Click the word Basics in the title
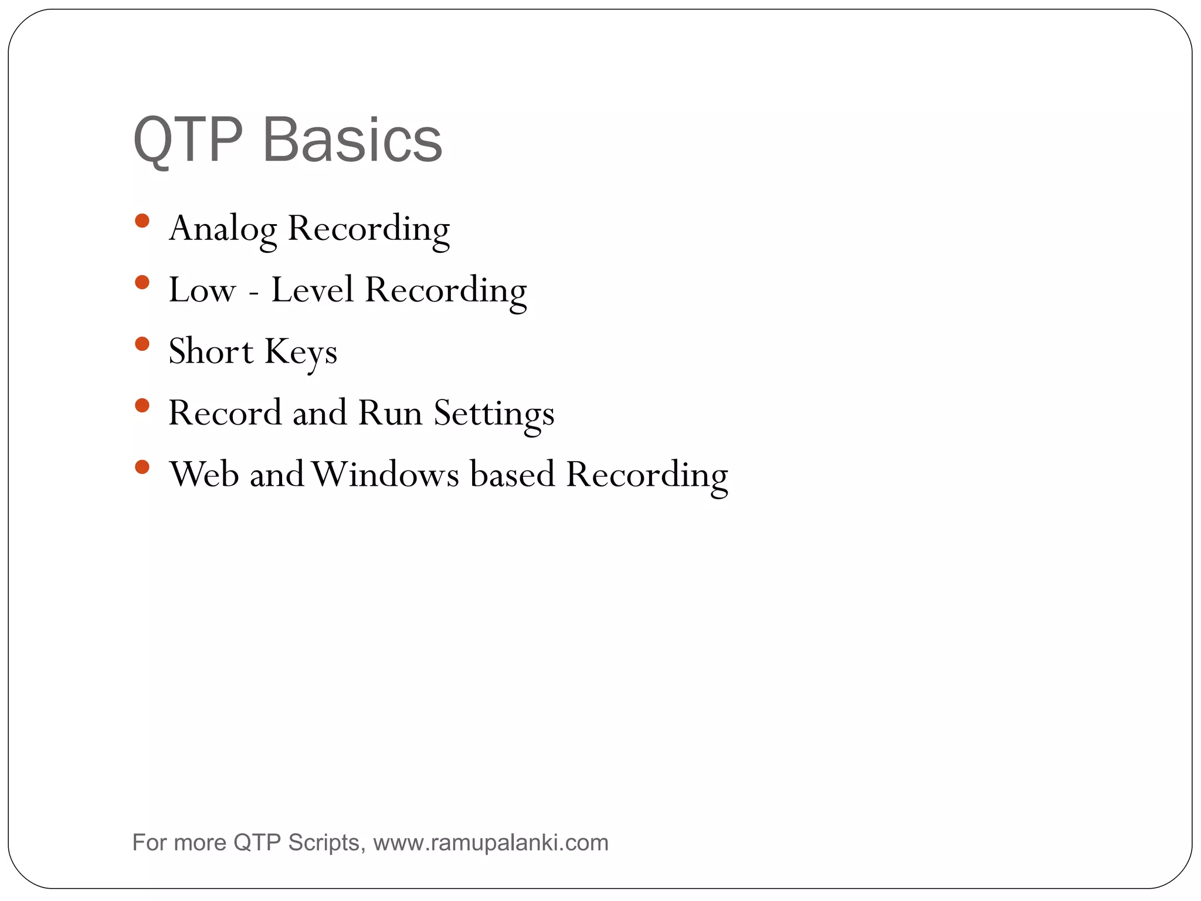(x=352, y=141)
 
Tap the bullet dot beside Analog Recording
(x=142, y=221)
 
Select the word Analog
(x=223, y=229)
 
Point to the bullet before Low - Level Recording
(x=142, y=283)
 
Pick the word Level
(x=312, y=290)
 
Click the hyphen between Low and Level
(x=253, y=292)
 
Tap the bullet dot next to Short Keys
(x=142, y=344)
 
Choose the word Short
(x=211, y=351)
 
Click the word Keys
(x=301, y=353)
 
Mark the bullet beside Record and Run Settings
(x=142, y=405)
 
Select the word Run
(x=390, y=413)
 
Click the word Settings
(x=494, y=414)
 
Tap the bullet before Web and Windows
(x=142, y=467)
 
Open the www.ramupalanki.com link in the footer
(x=491, y=843)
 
